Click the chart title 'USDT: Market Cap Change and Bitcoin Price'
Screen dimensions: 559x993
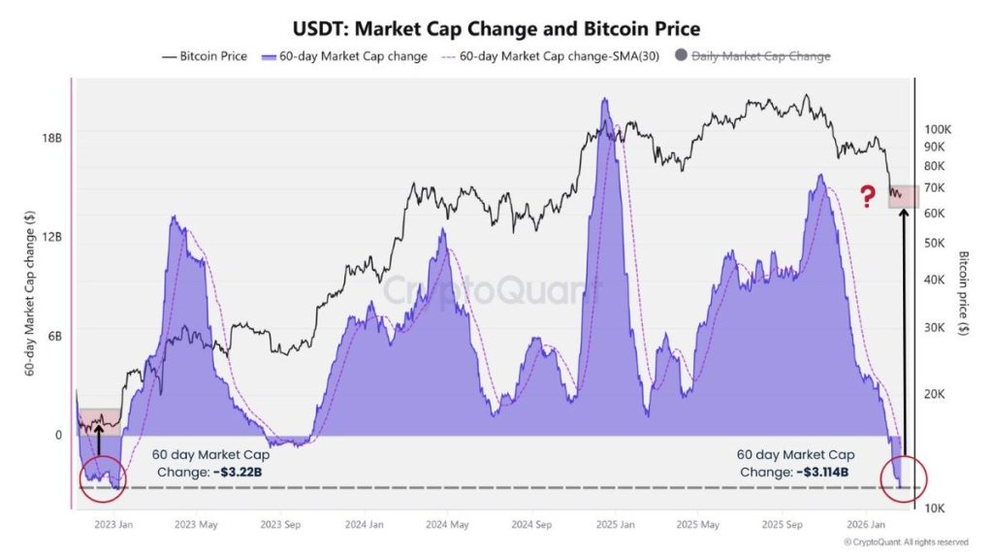tap(496, 29)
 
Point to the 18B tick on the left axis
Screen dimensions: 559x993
tap(51, 138)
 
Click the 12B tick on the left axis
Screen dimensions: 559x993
tap(51, 237)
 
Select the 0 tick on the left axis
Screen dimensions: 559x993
tap(57, 435)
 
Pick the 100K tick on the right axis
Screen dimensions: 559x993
tap(940, 129)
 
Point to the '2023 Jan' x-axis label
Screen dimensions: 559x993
tap(114, 525)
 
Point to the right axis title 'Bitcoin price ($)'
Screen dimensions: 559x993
tap(964, 293)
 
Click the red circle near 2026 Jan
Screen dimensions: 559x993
tap(903, 477)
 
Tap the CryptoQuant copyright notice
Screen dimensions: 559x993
tap(906, 542)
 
